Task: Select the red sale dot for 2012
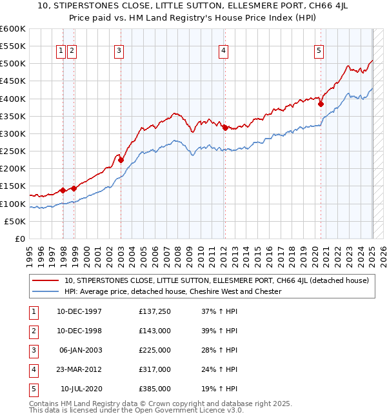click(x=224, y=128)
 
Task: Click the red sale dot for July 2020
click(x=321, y=104)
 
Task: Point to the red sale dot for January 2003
click(x=121, y=160)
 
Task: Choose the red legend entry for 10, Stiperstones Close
click(x=216, y=280)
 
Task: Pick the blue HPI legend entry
click(x=172, y=291)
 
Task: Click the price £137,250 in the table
click(x=155, y=312)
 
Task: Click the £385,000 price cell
click(x=155, y=389)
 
